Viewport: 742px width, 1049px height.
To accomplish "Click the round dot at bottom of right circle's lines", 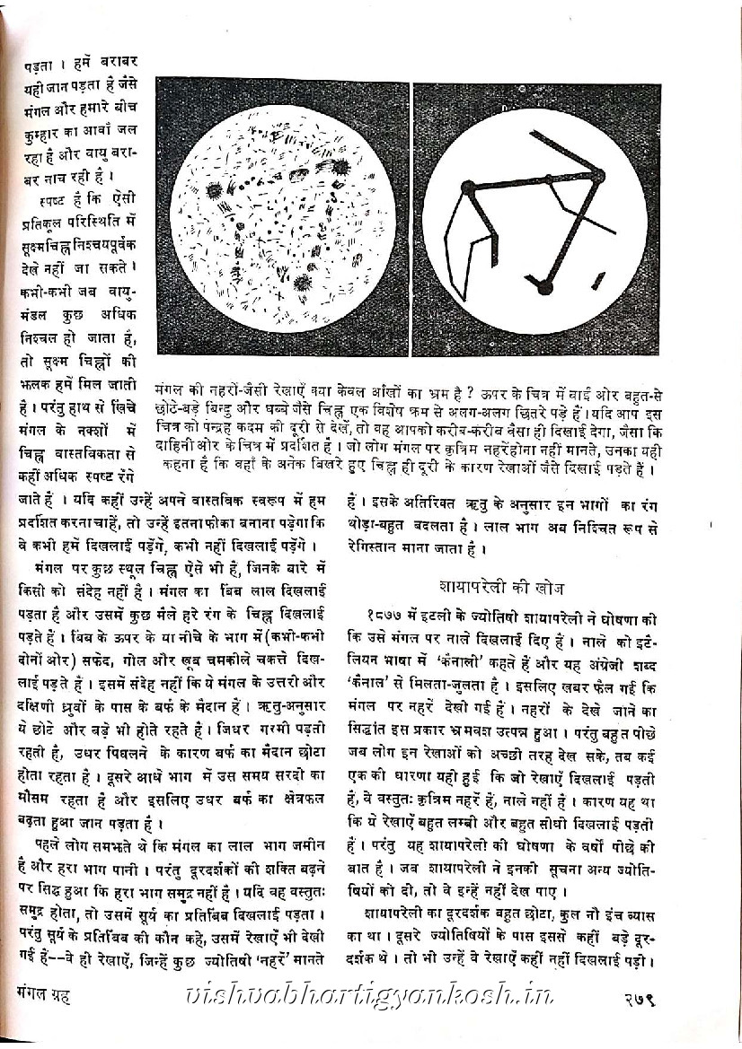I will click(x=543, y=287).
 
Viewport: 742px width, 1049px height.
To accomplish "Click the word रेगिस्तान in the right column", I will click(x=378, y=543).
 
